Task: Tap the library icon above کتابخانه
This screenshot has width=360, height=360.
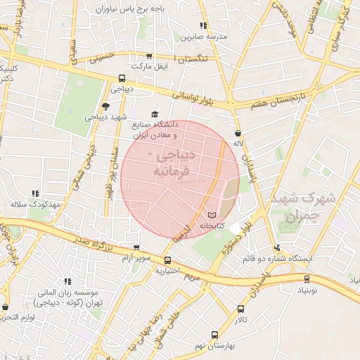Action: point(212,214)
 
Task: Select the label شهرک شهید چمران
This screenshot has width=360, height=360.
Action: point(307,206)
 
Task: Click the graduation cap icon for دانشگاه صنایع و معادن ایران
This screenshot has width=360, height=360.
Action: point(155,115)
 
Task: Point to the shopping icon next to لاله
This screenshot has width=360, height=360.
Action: point(238,132)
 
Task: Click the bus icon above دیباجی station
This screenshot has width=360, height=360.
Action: point(122,78)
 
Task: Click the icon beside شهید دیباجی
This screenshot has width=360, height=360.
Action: point(105,106)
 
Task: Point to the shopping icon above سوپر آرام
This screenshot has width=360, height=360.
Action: point(136,248)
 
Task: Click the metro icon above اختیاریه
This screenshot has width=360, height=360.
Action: point(167,259)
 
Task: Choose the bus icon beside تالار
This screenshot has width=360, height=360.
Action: point(241,309)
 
